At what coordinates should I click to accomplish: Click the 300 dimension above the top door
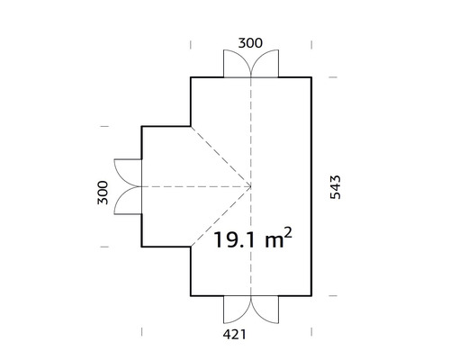tap(250, 41)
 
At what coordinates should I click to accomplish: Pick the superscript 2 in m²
tap(287, 233)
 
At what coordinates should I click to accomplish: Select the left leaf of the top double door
tap(238, 65)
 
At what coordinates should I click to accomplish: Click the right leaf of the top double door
tap(265, 65)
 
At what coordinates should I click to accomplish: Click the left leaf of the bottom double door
tap(238, 310)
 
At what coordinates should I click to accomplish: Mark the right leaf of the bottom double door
tap(265, 310)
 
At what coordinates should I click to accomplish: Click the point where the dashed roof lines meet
tap(251, 186)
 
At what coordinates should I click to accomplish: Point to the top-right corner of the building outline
tap(311, 78)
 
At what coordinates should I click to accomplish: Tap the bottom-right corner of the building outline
tap(311, 296)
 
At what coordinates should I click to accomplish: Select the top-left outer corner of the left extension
tap(142, 127)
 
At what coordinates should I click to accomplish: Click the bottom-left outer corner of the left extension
tap(142, 247)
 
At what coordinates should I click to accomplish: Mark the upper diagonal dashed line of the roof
tap(220, 156)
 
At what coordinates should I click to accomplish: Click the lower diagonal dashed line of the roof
tap(220, 216)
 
